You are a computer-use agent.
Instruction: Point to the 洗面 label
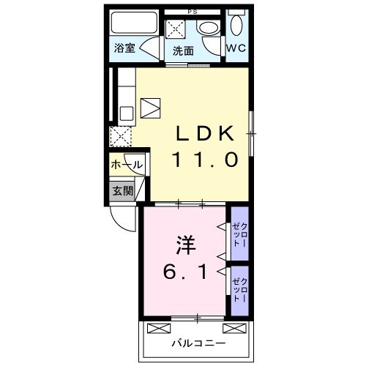pos(183,51)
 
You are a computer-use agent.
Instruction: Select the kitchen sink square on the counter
pos(125,113)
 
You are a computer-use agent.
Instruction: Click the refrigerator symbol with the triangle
pos(150,108)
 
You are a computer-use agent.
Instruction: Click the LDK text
pos(204,134)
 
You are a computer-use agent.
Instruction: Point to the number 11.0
pos(204,160)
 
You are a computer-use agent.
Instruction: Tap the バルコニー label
pos(198,342)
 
